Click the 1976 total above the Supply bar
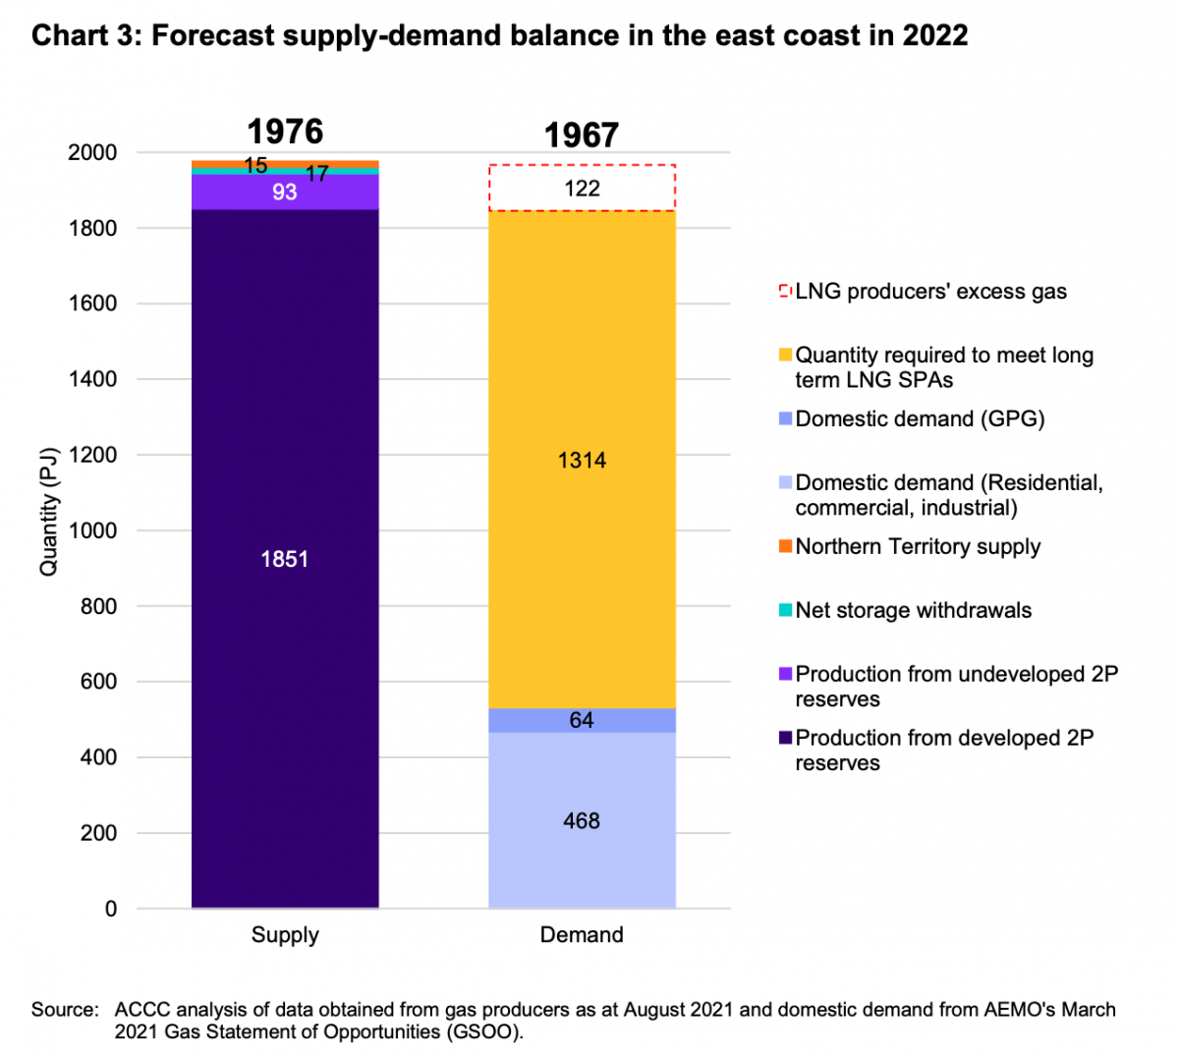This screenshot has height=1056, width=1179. [285, 132]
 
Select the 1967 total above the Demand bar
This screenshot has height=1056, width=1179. [582, 136]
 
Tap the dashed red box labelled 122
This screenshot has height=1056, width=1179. [582, 189]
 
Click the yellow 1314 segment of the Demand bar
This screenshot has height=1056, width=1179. [582, 460]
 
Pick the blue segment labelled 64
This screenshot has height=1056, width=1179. [582, 720]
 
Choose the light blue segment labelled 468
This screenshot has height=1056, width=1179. [582, 820]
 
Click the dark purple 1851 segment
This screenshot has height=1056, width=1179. [285, 559]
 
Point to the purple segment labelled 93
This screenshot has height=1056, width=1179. [285, 193]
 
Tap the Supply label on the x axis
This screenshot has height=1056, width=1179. [285, 934]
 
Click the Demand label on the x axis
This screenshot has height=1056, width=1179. [582, 934]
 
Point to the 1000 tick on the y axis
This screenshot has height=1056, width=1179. [91, 530]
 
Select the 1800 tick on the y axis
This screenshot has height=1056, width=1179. [91, 228]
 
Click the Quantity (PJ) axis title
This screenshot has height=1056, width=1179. [48, 512]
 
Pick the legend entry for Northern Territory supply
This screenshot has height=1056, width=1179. [918, 546]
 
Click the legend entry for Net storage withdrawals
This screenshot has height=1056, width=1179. [913, 610]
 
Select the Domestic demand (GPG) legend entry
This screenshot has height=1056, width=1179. [920, 418]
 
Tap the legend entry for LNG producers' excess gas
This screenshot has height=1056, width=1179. [930, 292]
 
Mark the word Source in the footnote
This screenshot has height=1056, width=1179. [64, 1010]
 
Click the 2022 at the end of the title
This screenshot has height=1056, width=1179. [934, 35]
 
